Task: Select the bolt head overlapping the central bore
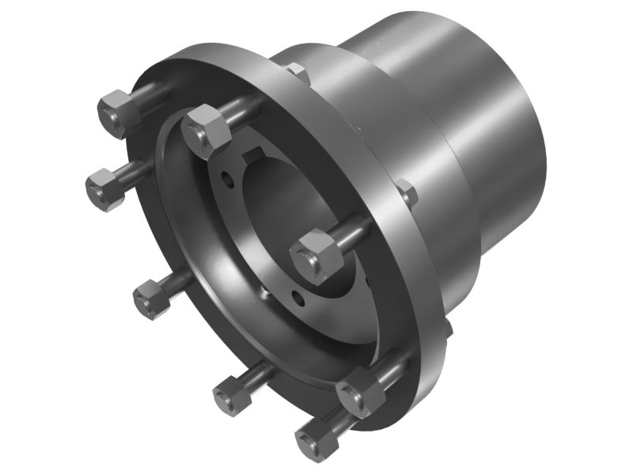pyautogui.click(x=316, y=254)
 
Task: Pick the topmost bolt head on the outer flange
pyautogui.click(x=119, y=113)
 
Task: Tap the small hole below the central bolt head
pyautogui.click(x=297, y=298)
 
